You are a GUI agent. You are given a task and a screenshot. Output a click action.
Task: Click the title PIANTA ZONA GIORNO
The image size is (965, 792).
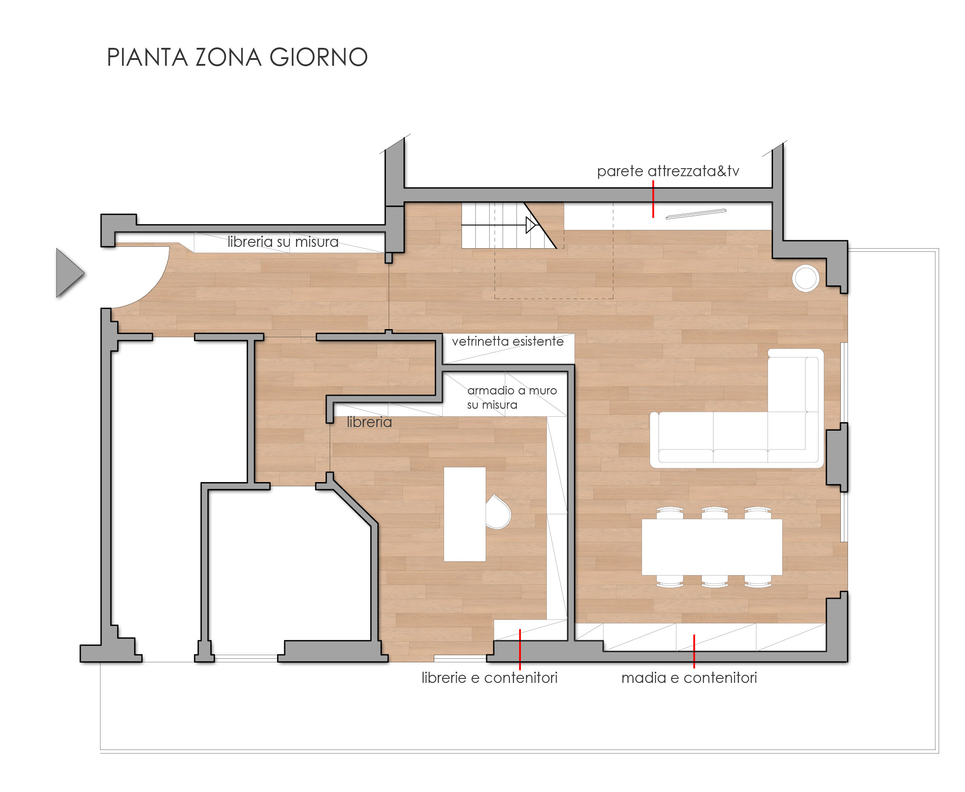point(237,58)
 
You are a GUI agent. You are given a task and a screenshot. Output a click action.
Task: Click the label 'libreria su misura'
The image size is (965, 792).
point(283,242)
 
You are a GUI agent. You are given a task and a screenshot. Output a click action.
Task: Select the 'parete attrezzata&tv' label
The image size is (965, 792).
point(668,171)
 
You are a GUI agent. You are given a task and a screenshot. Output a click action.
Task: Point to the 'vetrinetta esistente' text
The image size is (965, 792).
point(508,341)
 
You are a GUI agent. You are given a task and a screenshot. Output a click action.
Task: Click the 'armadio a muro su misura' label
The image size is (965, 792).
point(512,398)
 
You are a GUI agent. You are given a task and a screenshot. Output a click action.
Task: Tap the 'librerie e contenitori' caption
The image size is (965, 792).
point(490,678)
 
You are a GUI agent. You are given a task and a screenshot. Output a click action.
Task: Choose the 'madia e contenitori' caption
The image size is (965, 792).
point(689,678)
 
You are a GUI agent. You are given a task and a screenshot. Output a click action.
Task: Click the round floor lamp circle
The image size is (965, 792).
point(806,278)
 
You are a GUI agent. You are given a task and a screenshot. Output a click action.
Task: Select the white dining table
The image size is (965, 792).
point(712,547)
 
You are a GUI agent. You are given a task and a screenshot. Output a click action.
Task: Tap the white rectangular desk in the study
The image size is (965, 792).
point(465,514)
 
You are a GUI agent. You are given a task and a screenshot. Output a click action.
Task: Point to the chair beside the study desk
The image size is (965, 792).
point(498,512)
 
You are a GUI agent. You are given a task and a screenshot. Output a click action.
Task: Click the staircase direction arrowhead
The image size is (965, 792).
point(531,225)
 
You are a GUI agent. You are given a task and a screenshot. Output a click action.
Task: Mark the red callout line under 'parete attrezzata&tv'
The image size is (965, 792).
point(653,199)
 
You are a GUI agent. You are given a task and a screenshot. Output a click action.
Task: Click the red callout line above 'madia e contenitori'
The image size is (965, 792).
point(694,652)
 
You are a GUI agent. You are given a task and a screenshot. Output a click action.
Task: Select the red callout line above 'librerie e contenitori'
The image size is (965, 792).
point(520,650)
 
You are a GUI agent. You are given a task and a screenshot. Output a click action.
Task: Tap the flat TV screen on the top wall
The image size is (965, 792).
point(696,214)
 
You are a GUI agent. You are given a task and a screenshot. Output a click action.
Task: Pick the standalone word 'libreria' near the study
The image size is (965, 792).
point(369,422)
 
